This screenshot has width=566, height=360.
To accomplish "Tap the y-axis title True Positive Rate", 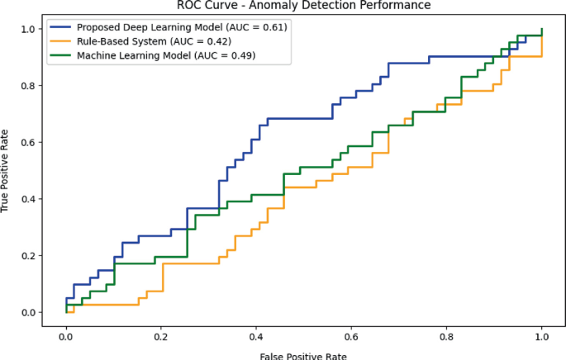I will pos(7,171).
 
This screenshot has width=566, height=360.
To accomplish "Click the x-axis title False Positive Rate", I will pos(303,356).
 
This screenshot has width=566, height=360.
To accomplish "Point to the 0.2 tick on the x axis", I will pos(161,336).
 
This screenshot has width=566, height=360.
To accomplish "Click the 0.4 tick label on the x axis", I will pos(256,336).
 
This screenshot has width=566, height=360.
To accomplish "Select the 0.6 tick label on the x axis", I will pos(351,336).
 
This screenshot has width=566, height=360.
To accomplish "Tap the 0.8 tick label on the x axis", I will pos(446,336).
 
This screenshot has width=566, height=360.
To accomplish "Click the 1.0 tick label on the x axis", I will pos(541,336).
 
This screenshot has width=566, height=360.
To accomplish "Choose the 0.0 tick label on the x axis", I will pos(66,336).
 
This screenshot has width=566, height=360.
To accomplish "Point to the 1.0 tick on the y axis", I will pos(29,29).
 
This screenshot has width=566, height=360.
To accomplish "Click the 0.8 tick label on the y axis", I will pos(29,86).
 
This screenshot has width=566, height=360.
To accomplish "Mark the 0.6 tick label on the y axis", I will pos(29,142).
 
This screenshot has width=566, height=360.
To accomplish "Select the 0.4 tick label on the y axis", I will pos(29,199).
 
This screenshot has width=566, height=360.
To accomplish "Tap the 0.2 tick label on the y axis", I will pos(29,256).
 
